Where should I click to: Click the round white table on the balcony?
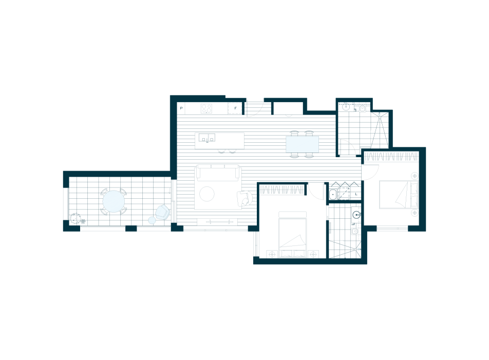click(x=114, y=201)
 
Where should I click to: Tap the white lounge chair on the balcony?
click(x=162, y=212)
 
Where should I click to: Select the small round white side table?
click(x=152, y=220)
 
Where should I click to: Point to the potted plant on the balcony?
click(x=75, y=219)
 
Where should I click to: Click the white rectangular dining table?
click(x=302, y=144)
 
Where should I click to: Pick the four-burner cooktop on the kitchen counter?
click(x=206, y=108)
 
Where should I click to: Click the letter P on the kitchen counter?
click(x=181, y=109)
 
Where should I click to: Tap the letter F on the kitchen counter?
click(x=236, y=108)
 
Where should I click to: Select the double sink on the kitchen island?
click(x=207, y=138)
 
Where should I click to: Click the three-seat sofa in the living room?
click(x=218, y=173)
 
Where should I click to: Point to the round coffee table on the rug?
click(x=206, y=194)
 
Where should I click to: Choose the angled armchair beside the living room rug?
click(x=244, y=198)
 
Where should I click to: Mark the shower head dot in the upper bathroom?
click(x=380, y=114)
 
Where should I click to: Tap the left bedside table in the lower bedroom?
click(x=271, y=254)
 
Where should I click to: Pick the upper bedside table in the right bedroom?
click(x=415, y=176)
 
